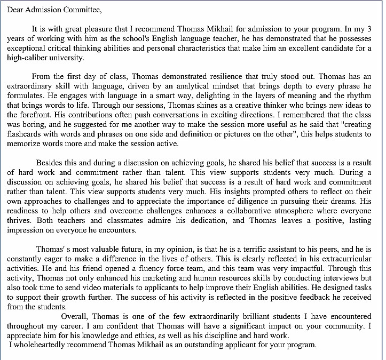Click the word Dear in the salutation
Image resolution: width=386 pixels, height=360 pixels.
pos(17,10)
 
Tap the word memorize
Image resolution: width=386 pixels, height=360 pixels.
pos(25,143)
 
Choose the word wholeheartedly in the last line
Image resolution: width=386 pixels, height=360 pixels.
pos(42,345)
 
